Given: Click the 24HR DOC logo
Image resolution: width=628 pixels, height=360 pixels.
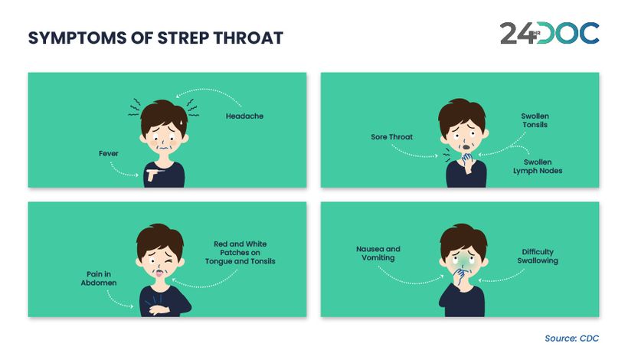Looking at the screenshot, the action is [550, 33].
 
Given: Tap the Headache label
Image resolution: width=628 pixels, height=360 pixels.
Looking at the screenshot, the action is [244, 116].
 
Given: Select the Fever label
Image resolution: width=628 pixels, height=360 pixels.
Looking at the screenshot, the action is [109, 153].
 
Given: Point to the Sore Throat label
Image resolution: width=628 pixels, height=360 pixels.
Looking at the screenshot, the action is [391, 137].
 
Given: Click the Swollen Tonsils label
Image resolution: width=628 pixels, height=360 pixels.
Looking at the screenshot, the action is [535, 120].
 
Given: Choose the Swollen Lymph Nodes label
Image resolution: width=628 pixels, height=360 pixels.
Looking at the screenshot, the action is [538, 166].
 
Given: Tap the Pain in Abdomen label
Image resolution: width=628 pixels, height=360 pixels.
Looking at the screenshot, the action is [99, 278].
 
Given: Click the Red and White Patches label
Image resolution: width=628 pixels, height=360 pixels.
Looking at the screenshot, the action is [240, 253].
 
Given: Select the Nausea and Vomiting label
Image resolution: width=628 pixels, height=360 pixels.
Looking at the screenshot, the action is [378, 253].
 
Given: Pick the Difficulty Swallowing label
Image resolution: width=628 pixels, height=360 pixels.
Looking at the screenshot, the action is [538, 257].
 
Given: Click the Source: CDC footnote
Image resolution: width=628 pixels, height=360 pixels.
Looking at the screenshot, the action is [571, 339].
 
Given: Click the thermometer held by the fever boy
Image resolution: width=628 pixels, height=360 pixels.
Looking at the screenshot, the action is [155, 171].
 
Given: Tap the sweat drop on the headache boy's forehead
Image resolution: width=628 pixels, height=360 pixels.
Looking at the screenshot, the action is [182, 121].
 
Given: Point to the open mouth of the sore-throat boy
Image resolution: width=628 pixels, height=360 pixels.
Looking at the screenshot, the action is [466, 147].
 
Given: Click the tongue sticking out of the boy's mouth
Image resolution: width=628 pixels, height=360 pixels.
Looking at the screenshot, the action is [160, 274].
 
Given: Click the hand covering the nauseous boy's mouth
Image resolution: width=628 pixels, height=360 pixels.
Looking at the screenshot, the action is [460, 277].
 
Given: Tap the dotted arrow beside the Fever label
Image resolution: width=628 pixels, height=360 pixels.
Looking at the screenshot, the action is [123, 171].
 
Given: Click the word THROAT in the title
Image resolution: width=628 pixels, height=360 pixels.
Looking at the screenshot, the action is [248, 38].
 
